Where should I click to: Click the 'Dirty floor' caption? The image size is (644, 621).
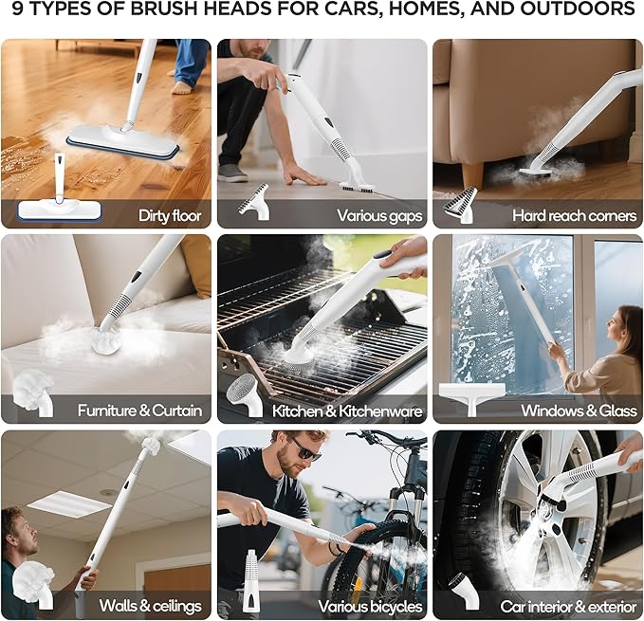170,215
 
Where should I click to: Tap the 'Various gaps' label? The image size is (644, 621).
379,215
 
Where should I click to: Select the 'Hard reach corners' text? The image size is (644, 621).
574,215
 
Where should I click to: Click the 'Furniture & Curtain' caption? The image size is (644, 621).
139,411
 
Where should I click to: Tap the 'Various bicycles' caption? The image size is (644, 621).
369,606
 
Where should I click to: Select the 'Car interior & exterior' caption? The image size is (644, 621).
568,606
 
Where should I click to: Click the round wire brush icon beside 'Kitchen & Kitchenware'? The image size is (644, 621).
245,390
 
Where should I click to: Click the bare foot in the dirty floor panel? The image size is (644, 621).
182,87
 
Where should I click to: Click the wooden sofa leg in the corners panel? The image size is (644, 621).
472,174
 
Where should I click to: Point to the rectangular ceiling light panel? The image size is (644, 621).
68,503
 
